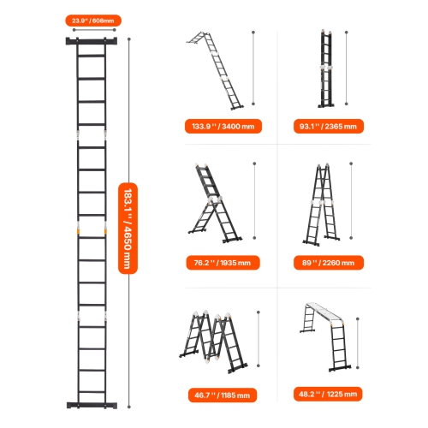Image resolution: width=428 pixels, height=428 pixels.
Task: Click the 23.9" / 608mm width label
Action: coord(93,20)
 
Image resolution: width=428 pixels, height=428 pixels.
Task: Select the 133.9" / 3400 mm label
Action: coord(223,126)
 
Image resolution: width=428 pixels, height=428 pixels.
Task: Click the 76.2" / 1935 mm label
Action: coord(223,263)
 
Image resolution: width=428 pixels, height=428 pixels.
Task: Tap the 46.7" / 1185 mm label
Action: coord(223,395)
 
